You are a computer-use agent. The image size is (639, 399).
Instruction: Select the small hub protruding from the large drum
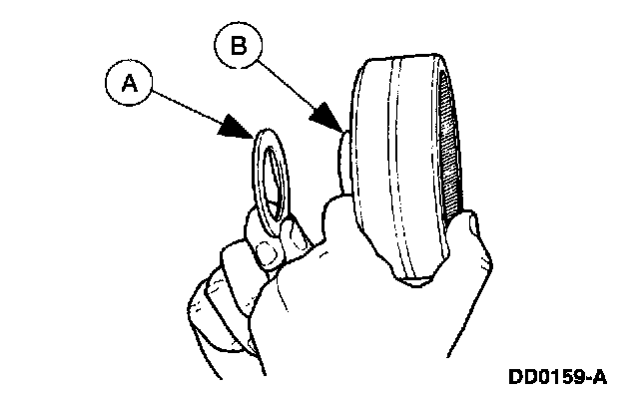(x=342, y=165)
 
